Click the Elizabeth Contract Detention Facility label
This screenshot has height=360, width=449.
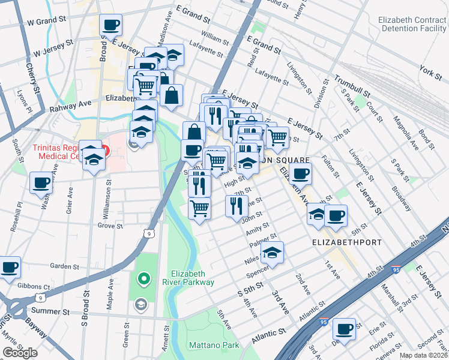click(x=412, y=24)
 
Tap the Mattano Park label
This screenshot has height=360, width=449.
click(x=214, y=345)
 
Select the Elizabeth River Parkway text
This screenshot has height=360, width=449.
click(x=192, y=277)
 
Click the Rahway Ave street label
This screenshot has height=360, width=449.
click(x=70, y=106)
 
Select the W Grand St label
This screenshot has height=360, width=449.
click(x=47, y=20)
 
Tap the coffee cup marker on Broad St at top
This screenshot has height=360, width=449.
click(x=110, y=25)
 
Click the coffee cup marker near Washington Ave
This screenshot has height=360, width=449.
click(x=41, y=182)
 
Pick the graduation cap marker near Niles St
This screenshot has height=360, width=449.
click(x=272, y=252)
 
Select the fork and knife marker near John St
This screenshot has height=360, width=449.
click(x=237, y=205)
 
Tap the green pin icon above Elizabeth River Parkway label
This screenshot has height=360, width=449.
click(x=143, y=278)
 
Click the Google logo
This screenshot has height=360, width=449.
click(x=20, y=353)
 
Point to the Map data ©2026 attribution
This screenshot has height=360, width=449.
click(x=423, y=355)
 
